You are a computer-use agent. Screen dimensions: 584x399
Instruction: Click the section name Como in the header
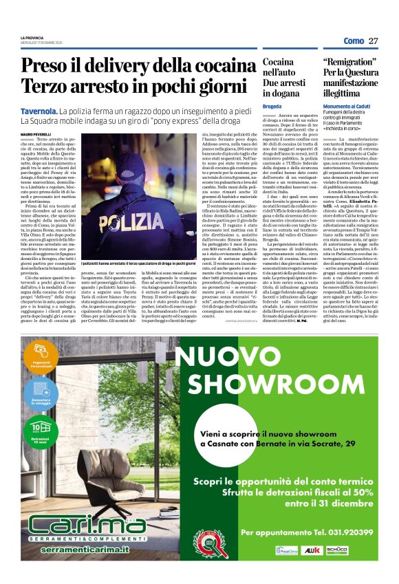click(354, 41)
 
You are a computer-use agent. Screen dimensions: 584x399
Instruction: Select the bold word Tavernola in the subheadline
click(38, 110)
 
